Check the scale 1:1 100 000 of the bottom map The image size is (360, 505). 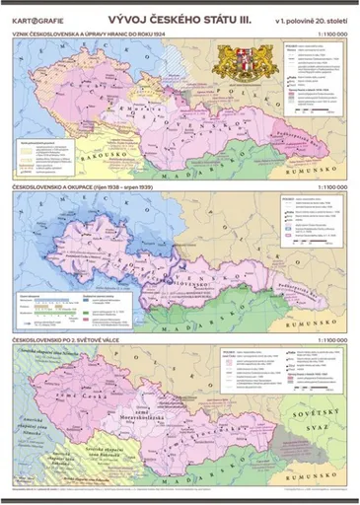click(x=328, y=340)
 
